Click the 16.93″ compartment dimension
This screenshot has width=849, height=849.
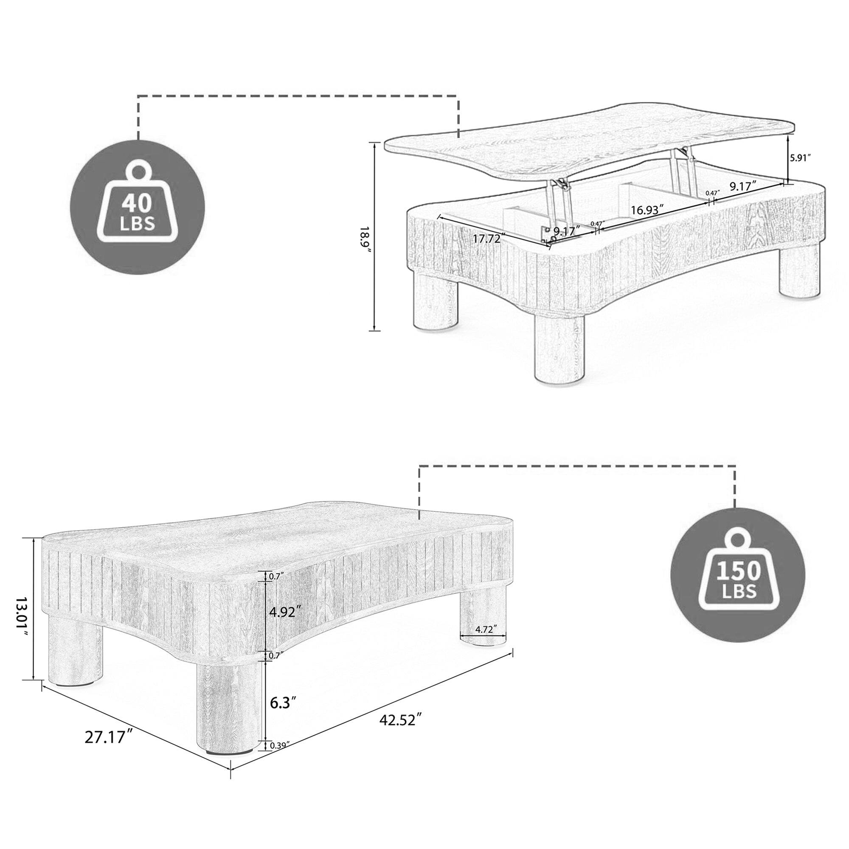point(647,210)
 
